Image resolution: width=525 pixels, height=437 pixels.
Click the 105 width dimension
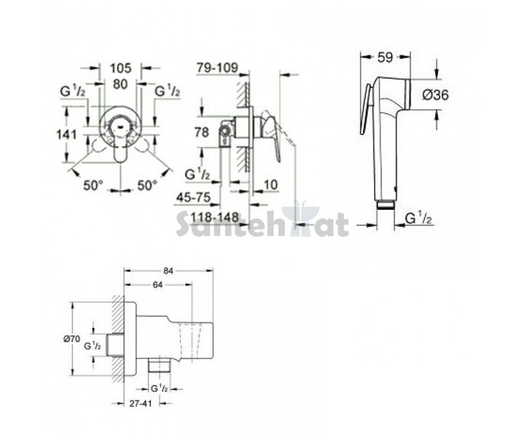click(120, 68)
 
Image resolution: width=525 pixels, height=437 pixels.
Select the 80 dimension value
click(120, 84)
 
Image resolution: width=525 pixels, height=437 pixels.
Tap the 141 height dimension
click(66, 135)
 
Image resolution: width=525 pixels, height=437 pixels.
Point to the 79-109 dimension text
click(217, 68)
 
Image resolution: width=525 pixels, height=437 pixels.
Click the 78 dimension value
click(201, 132)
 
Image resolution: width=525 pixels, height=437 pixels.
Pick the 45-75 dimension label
click(194, 197)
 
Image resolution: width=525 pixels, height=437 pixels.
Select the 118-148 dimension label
click(214, 217)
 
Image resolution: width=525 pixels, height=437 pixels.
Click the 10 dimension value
click(271, 184)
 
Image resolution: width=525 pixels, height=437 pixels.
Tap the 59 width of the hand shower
click(385, 58)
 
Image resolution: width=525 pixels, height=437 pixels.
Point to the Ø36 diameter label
click(435, 95)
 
